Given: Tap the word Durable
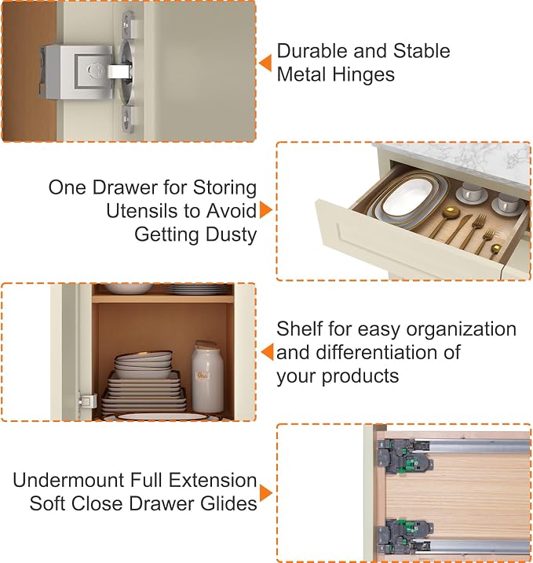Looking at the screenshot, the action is (312, 51).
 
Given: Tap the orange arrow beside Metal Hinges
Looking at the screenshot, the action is (265, 64).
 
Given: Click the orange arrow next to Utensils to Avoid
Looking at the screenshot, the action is (266, 209).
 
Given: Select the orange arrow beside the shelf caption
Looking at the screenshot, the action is (267, 352).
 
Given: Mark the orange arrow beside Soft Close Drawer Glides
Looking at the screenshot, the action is (266, 492).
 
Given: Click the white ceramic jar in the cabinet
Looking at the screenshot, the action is (206, 376).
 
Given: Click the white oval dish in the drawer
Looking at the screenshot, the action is (407, 197).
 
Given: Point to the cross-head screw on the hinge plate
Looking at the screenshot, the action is (96, 70).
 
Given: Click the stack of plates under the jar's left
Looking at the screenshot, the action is (144, 383).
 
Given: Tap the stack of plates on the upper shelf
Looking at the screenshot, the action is (199, 289).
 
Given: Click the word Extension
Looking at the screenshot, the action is (213, 480).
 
